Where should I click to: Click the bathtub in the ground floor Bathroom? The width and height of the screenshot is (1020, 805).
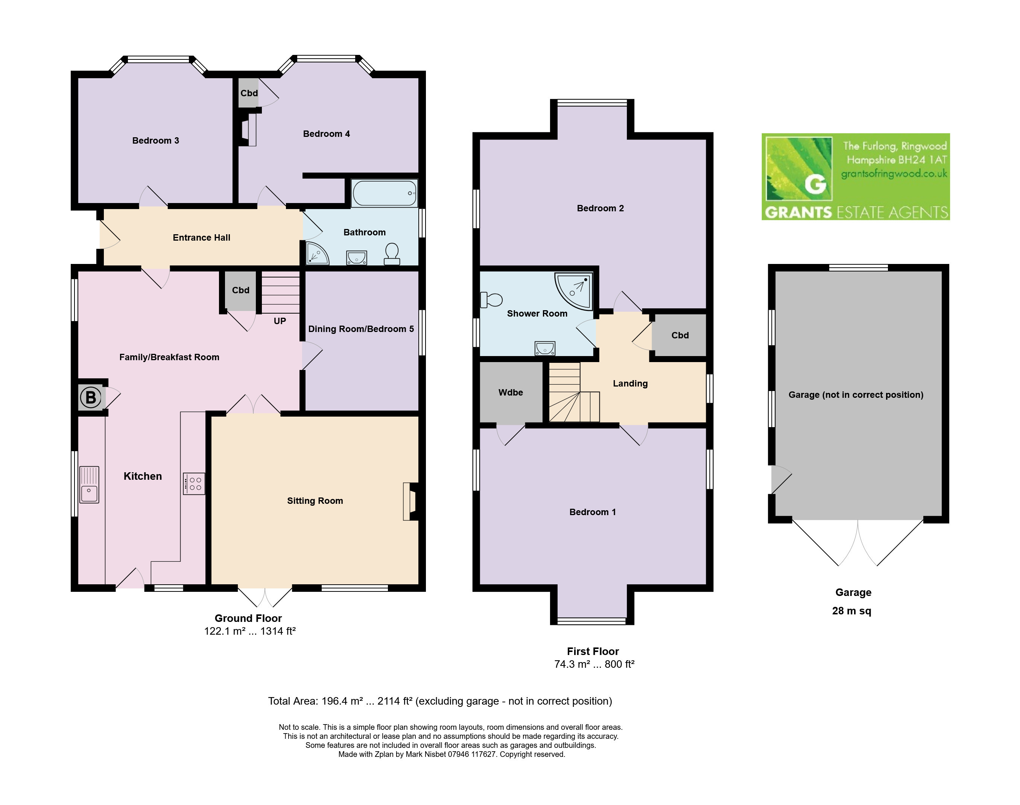point(384,193)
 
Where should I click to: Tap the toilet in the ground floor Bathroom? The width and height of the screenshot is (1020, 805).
point(392,253)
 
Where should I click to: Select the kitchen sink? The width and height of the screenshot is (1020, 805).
point(89,485)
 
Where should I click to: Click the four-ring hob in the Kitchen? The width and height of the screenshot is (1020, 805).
point(194,484)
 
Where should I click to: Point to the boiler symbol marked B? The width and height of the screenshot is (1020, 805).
point(91,397)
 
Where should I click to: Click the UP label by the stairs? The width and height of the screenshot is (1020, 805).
point(280,321)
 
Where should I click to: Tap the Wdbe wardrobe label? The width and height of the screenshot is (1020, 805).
point(511,392)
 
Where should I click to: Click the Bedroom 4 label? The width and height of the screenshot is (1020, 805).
point(326,134)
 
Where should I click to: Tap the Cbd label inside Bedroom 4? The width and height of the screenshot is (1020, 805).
point(249,93)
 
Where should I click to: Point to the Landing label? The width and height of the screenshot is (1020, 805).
point(630,384)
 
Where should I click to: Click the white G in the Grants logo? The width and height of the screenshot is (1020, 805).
point(816,184)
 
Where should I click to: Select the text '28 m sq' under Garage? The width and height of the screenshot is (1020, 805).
point(852,611)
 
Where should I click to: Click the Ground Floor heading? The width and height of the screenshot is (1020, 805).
point(248,619)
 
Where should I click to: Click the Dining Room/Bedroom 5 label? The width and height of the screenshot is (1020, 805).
point(361,329)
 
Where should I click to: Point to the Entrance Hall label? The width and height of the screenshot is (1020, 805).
point(201,238)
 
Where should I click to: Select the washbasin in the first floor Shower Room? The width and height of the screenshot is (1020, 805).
point(545,348)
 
